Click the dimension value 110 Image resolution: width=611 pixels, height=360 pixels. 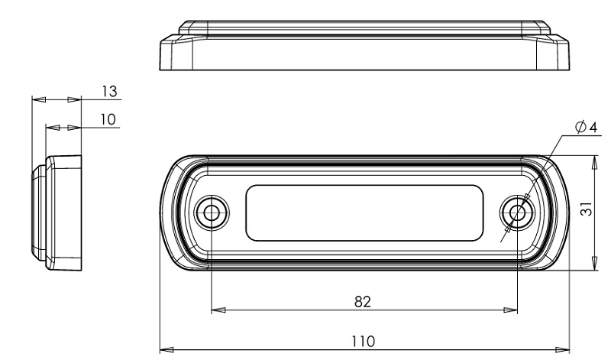(x=364, y=342)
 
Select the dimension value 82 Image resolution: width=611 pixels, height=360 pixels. (x=363, y=301)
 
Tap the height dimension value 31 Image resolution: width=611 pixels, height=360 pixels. (x=587, y=209)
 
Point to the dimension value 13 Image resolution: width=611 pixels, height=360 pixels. (x=109, y=91)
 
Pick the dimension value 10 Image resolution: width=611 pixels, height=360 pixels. (x=108, y=119)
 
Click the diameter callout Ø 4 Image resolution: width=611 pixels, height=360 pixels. (x=586, y=127)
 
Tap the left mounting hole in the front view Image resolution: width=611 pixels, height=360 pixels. (x=212, y=212)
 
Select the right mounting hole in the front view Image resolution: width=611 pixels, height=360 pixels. (x=518, y=212)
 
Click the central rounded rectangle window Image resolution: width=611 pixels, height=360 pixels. (x=364, y=212)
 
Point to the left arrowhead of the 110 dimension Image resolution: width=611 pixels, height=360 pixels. (x=166, y=349)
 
